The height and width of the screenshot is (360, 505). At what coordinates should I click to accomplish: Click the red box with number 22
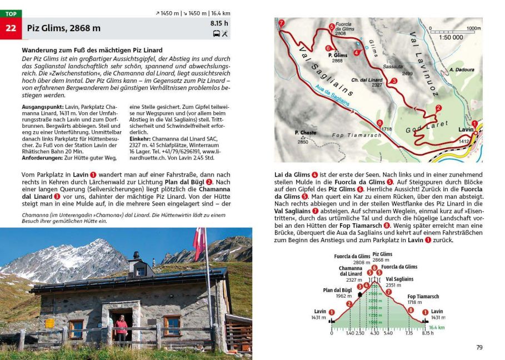click(x=11, y=28)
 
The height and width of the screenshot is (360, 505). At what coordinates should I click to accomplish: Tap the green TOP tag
click(x=11, y=13)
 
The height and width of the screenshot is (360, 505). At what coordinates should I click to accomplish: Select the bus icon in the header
click(x=216, y=33)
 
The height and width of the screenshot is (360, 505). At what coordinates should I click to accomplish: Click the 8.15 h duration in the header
click(x=219, y=23)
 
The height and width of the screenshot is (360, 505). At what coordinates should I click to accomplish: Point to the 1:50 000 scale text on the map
click(x=451, y=37)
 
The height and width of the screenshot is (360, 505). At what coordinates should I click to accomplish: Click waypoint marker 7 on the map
click(x=281, y=23)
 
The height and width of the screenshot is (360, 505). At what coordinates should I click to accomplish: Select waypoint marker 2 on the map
click(x=438, y=108)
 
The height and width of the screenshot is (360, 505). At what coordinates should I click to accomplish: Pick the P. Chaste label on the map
click(x=305, y=133)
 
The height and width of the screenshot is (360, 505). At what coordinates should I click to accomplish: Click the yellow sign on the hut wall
click(x=49, y=323)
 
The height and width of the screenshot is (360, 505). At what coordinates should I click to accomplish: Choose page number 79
click(x=479, y=347)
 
